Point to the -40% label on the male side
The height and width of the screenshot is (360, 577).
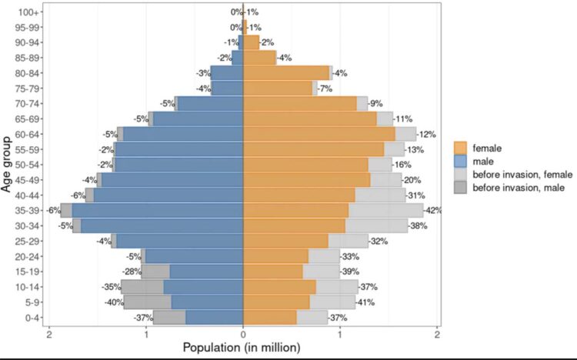coord(115,302)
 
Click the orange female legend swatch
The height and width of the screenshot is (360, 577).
coord(462,147)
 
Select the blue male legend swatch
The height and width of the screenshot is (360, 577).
coord(462,162)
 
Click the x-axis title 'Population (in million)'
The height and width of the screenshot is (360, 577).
coord(242,348)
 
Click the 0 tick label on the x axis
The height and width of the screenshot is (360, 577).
coord(243,333)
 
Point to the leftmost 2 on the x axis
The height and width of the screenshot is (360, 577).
coord(49,333)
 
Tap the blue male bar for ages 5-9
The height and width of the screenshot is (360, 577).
coord(207,302)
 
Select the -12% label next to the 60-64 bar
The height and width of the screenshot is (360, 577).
coord(427,134)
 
